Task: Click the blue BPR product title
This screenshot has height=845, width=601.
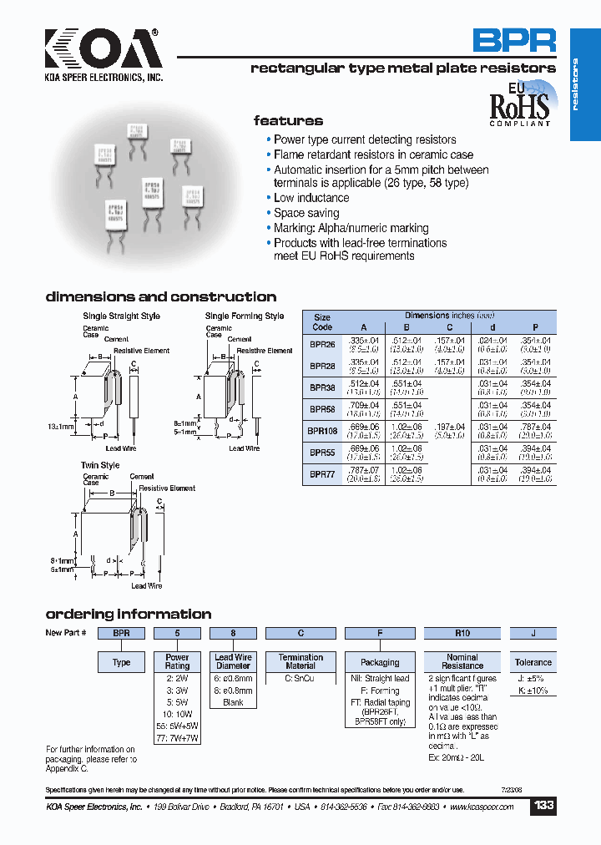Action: pyautogui.click(x=514, y=41)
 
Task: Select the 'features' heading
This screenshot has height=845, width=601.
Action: pyautogui.click(x=288, y=121)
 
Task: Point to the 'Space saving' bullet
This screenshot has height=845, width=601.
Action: pyautogui.click(x=306, y=213)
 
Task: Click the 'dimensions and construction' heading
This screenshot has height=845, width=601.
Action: pyautogui.click(x=160, y=296)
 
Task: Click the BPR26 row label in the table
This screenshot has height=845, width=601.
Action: pyautogui.click(x=323, y=344)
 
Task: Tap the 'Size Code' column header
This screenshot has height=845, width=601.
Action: pyautogui.click(x=322, y=322)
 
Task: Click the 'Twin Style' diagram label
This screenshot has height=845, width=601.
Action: pyautogui.click(x=101, y=465)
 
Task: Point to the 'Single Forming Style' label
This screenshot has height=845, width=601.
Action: pyautogui.click(x=245, y=316)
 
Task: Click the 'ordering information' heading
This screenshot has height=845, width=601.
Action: pyautogui.click(x=128, y=614)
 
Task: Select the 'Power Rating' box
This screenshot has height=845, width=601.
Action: pyautogui.click(x=177, y=662)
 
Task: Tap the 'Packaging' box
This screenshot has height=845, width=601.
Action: pyautogui.click(x=380, y=662)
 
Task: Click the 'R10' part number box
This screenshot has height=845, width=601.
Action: pyautogui.click(x=462, y=633)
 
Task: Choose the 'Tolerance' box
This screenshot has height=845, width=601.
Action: pyautogui.click(x=533, y=662)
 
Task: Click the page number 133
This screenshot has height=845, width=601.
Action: pyautogui.click(x=543, y=806)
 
